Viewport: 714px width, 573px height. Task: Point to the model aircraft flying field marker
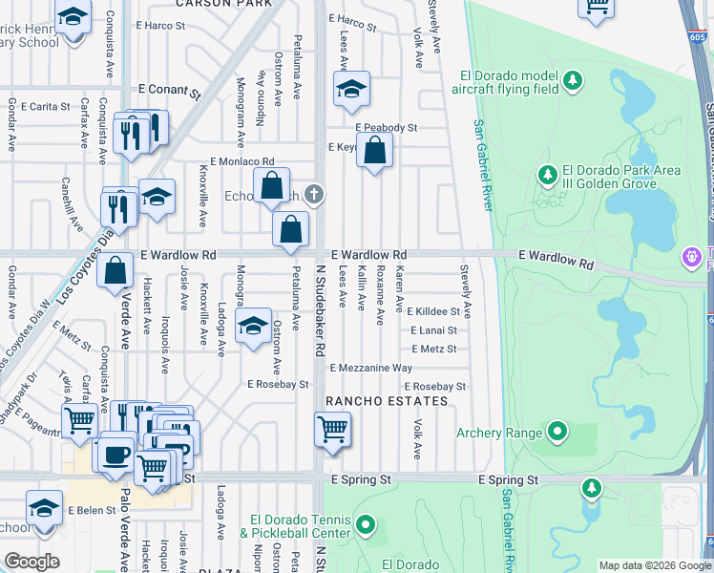click(573, 79)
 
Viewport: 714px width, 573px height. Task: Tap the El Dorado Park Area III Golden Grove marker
click(548, 175)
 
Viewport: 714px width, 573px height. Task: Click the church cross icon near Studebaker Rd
click(314, 195)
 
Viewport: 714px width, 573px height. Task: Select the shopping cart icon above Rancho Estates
click(332, 429)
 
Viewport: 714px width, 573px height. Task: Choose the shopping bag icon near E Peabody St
click(375, 150)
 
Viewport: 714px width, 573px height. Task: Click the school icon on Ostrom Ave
click(253, 328)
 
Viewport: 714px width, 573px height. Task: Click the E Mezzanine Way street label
click(370, 368)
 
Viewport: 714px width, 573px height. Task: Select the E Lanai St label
click(433, 330)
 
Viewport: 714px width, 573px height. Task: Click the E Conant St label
click(170, 94)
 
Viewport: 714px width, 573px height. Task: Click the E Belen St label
click(92, 510)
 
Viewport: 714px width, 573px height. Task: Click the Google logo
click(32, 562)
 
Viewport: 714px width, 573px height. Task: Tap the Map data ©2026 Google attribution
click(653, 565)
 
